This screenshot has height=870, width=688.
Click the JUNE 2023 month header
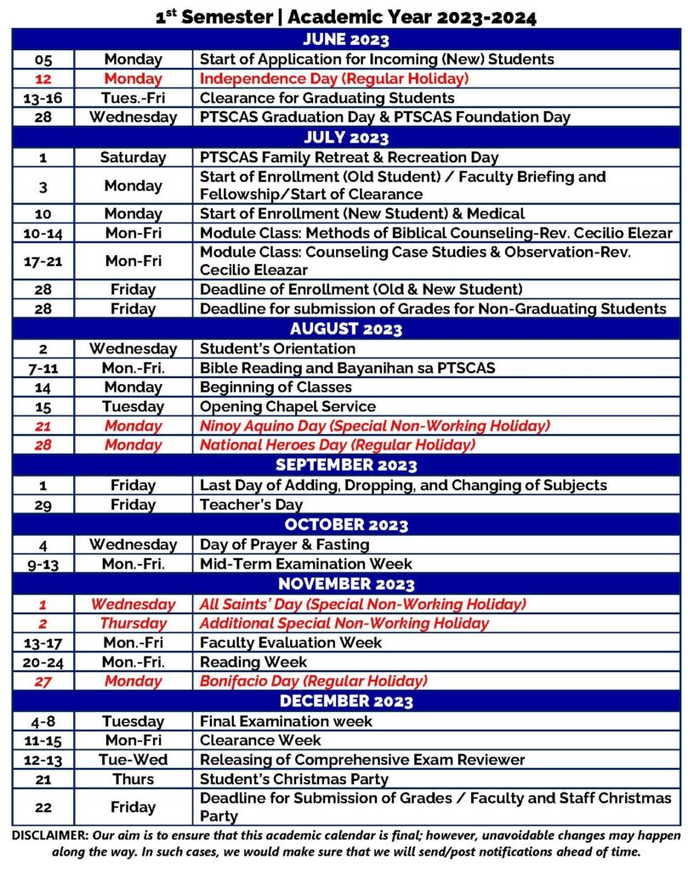coord(345,40)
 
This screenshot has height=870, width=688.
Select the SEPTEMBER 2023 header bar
coord(345,465)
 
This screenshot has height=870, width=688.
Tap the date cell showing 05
coord(43,59)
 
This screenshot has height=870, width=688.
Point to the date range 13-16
coord(43,98)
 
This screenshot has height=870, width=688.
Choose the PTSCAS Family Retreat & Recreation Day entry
coord(349,157)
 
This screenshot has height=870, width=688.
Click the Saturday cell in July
coord(133,157)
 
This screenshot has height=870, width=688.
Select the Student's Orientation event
coord(277,348)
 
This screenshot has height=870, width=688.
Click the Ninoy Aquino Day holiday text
coord(374,426)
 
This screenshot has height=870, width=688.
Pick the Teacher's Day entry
coord(251,505)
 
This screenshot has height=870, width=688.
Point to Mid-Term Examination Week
coord(305,563)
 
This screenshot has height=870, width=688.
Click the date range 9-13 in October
coord(43,563)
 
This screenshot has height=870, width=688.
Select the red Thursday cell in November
coord(133,623)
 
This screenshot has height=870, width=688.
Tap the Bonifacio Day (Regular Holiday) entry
coord(313,681)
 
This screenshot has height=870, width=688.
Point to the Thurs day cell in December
coord(133,779)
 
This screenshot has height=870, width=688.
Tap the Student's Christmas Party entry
coord(293,779)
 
